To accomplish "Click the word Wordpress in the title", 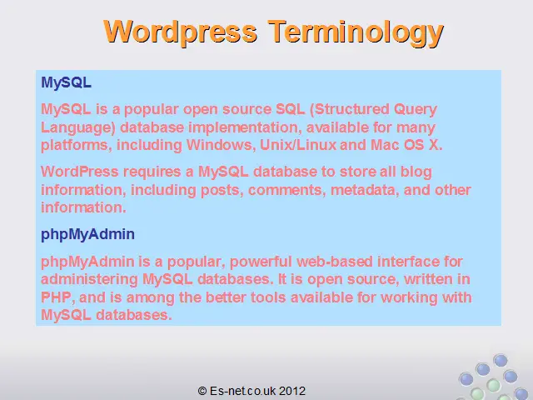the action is [x=181, y=32].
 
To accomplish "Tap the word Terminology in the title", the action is [x=356, y=33].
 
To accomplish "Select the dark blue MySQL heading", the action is [x=67, y=83].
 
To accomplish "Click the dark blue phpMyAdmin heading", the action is [x=87, y=235].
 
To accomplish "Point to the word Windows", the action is [x=221, y=145].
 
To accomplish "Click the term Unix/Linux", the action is [x=298, y=145].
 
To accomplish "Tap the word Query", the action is [x=416, y=110].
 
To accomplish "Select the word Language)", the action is [x=78, y=127].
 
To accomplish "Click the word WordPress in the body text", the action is [x=80, y=172].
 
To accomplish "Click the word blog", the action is [x=416, y=172].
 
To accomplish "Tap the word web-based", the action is [x=335, y=262].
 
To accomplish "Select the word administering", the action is [x=89, y=280].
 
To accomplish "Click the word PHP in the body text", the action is [x=56, y=297].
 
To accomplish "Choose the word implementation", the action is [x=244, y=127].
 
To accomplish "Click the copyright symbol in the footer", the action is [x=202, y=391].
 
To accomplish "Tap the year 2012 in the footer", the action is [x=292, y=391].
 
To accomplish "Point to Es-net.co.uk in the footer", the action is [x=242, y=391].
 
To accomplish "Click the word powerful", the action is [x=261, y=262].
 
